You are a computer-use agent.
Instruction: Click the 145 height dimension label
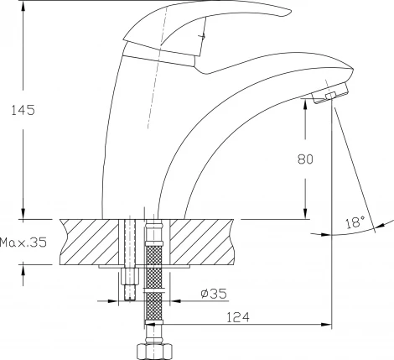tap(23, 110)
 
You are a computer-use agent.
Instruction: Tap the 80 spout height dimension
tap(305, 159)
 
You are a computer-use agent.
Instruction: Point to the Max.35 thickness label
tap(23, 243)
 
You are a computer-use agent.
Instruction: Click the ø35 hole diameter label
tap(214, 294)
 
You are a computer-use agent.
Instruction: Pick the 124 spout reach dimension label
tap(237, 317)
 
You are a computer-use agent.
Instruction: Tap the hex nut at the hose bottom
tap(154, 352)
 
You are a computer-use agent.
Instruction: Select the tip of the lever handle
tap(291, 12)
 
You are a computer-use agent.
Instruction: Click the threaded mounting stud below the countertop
tap(130, 284)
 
